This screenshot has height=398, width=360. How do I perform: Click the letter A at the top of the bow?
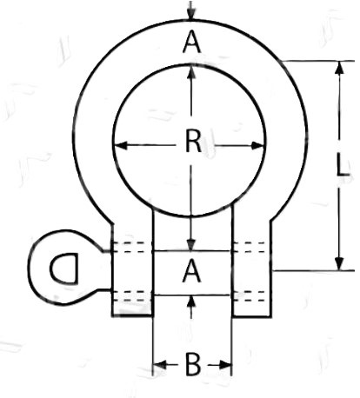pos(191,43)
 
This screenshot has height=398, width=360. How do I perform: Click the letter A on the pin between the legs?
pos(191,271)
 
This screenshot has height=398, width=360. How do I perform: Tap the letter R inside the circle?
pos(193,141)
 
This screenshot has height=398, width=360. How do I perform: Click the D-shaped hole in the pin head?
pos(64,268)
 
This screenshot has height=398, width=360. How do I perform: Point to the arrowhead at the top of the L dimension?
pos(339,67)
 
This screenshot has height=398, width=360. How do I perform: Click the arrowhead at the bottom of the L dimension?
pos(339,263)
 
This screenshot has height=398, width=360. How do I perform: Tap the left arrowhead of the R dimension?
pos(121,145)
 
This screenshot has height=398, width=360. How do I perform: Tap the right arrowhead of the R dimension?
pos(257,145)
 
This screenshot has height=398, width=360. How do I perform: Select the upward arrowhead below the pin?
pos(191,302)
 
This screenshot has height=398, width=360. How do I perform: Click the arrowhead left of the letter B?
pos(160,365)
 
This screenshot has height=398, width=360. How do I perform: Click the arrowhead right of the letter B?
pos(225,365)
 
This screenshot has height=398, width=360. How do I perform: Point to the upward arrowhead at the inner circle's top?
pos(191,71)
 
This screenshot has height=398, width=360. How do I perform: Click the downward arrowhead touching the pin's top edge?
pos(191,244)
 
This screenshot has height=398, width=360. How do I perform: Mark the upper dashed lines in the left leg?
pos(132,247)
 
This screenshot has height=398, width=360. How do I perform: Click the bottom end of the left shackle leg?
pos(132,315)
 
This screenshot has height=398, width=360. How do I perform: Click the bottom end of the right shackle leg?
pos(251,315)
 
